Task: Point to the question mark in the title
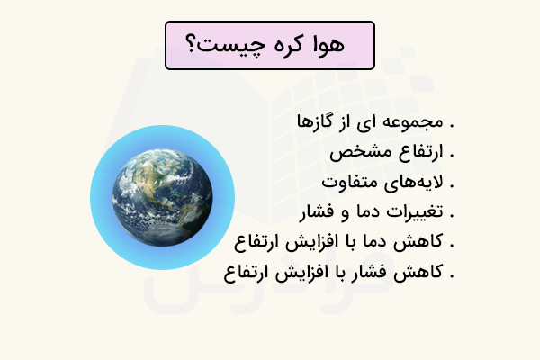(x=193, y=45)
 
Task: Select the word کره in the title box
(x=283, y=45)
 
